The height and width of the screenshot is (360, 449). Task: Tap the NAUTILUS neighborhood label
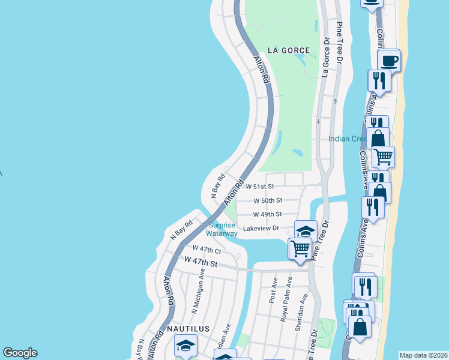188,329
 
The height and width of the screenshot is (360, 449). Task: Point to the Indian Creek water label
347,139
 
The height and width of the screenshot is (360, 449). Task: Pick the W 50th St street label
267,200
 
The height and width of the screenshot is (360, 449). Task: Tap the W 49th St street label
267,214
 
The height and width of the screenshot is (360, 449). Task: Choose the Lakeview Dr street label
261,229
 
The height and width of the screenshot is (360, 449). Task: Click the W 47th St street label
201,262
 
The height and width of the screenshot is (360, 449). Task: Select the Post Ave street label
275,289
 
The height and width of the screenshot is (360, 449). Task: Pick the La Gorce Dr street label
326,59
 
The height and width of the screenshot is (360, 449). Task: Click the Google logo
20,353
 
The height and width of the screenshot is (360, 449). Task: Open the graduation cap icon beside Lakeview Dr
306,230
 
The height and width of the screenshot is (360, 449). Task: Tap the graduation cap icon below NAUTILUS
186,345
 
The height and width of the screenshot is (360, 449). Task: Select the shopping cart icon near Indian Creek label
383,157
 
